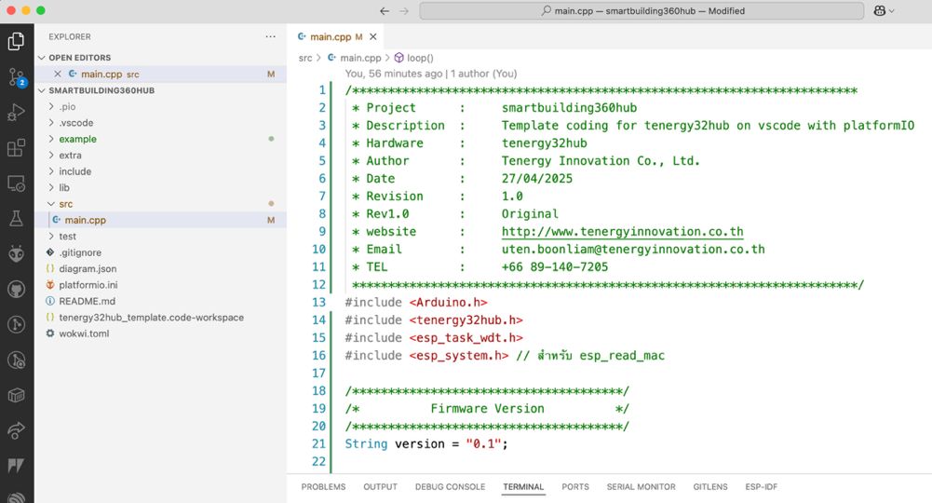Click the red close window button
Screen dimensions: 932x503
(10, 10)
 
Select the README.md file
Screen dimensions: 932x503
(87, 301)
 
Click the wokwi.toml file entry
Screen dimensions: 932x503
(84, 333)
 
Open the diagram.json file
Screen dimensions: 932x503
(88, 269)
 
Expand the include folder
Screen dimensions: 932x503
(74, 171)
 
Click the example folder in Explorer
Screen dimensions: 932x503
(77, 139)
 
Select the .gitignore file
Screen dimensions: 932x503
(80, 252)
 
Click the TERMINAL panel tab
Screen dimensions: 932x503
(523, 486)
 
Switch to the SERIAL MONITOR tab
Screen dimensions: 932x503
(641, 486)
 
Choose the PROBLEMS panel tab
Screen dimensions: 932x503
(323, 486)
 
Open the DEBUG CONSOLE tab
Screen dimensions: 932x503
(450, 486)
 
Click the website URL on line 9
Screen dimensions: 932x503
(622, 231)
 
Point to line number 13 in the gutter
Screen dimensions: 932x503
(319, 302)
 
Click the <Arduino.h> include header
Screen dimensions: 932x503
(448, 302)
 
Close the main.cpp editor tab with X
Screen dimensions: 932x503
(372, 37)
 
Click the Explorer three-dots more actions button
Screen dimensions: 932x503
(270, 36)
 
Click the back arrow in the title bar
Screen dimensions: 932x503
(385, 10)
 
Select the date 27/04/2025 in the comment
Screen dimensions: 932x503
(536, 178)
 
